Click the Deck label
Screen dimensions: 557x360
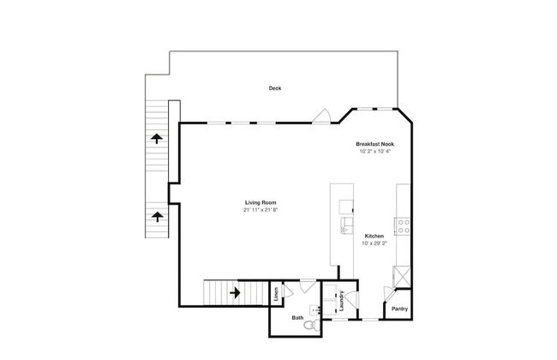click(275, 88)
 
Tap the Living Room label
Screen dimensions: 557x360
click(261, 202)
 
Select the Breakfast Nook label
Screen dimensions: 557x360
click(374, 144)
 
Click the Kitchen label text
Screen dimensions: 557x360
click(374, 236)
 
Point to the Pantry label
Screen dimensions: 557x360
click(399, 309)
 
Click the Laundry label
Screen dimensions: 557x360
click(342, 301)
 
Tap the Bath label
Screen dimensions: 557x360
click(297, 318)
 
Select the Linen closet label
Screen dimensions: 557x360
click(276, 294)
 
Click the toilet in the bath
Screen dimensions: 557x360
click(312, 324)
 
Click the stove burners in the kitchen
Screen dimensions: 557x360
click(404, 226)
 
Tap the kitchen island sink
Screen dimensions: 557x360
click(346, 225)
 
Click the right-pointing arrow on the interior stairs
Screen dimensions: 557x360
click(235, 293)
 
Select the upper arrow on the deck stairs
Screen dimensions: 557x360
click(157, 138)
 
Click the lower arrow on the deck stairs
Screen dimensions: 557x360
click(157, 216)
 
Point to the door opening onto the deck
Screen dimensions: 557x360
click(322, 117)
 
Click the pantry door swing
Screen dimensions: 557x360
click(390, 293)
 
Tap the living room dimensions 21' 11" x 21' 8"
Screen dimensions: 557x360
click(261, 210)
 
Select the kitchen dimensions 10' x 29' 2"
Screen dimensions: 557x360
click(374, 243)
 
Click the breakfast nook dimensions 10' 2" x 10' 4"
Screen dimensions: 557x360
click(374, 152)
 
